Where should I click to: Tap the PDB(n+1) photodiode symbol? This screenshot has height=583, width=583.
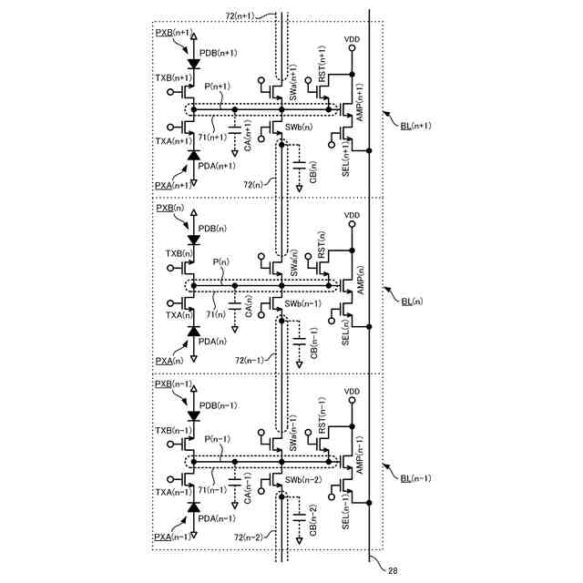[x=192, y=65]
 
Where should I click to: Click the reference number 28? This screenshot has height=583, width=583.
[x=393, y=571]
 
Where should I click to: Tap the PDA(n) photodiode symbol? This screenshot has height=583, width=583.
[x=192, y=332]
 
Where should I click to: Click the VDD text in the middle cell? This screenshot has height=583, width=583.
[x=353, y=216]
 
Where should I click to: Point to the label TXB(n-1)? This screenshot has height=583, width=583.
[x=173, y=429]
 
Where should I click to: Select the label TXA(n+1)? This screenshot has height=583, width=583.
[x=173, y=141]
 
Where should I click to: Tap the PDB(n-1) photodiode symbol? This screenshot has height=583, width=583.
[x=192, y=415]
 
